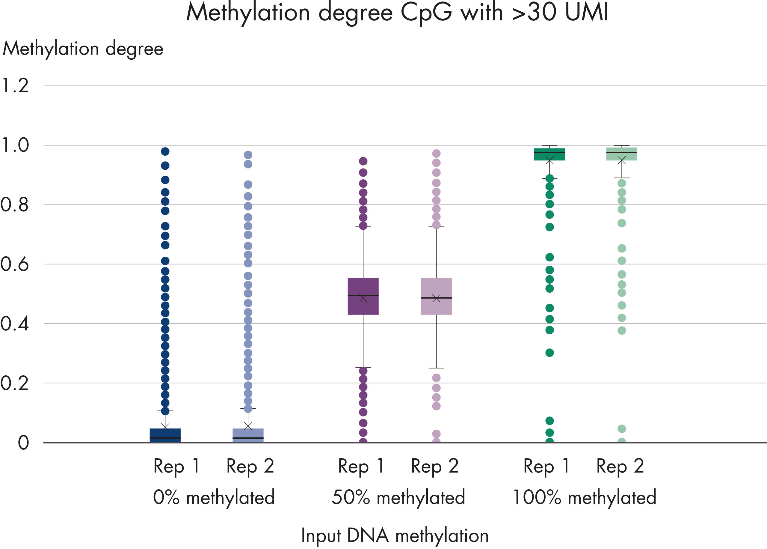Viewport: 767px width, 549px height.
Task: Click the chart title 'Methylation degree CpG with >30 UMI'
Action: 397,13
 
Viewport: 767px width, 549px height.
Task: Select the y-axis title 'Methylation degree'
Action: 83,49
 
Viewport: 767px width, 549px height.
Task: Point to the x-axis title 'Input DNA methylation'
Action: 395,536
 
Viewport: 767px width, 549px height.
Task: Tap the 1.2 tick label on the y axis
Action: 15,85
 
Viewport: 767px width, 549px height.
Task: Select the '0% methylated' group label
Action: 214,497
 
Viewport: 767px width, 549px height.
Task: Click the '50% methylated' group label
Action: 398,497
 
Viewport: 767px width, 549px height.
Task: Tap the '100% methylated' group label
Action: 584,497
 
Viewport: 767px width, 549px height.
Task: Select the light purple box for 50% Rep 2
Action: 436,306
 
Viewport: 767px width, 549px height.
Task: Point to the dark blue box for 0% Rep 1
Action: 165,435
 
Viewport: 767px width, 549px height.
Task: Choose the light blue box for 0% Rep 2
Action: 248,435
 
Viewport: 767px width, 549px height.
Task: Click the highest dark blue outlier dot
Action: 165,151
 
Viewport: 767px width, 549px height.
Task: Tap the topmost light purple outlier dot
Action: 436,154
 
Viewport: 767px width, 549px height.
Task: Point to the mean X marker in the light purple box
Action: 436,298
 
